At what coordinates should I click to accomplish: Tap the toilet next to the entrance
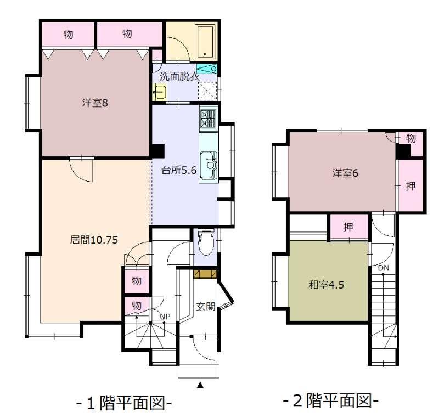(206, 242)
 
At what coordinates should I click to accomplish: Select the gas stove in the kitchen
(209, 118)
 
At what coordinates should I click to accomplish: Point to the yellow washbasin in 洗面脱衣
(160, 92)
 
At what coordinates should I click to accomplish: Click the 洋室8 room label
(95, 103)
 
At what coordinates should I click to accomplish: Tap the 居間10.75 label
(94, 240)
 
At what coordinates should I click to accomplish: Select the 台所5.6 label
(179, 170)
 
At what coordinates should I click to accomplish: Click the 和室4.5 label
(326, 285)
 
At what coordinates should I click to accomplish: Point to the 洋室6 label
(345, 173)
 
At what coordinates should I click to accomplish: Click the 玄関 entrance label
(205, 307)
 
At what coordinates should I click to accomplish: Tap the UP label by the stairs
(165, 317)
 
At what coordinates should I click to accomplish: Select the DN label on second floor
(384, 268)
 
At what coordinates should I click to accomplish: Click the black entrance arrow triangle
(200, 385)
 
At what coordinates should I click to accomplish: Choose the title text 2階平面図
(331, 402)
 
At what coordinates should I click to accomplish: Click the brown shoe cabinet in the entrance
(205, 274)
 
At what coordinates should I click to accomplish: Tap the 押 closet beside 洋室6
(410, 185)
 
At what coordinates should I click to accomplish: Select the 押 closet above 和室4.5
(349, 227)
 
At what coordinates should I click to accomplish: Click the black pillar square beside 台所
(158, 151)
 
